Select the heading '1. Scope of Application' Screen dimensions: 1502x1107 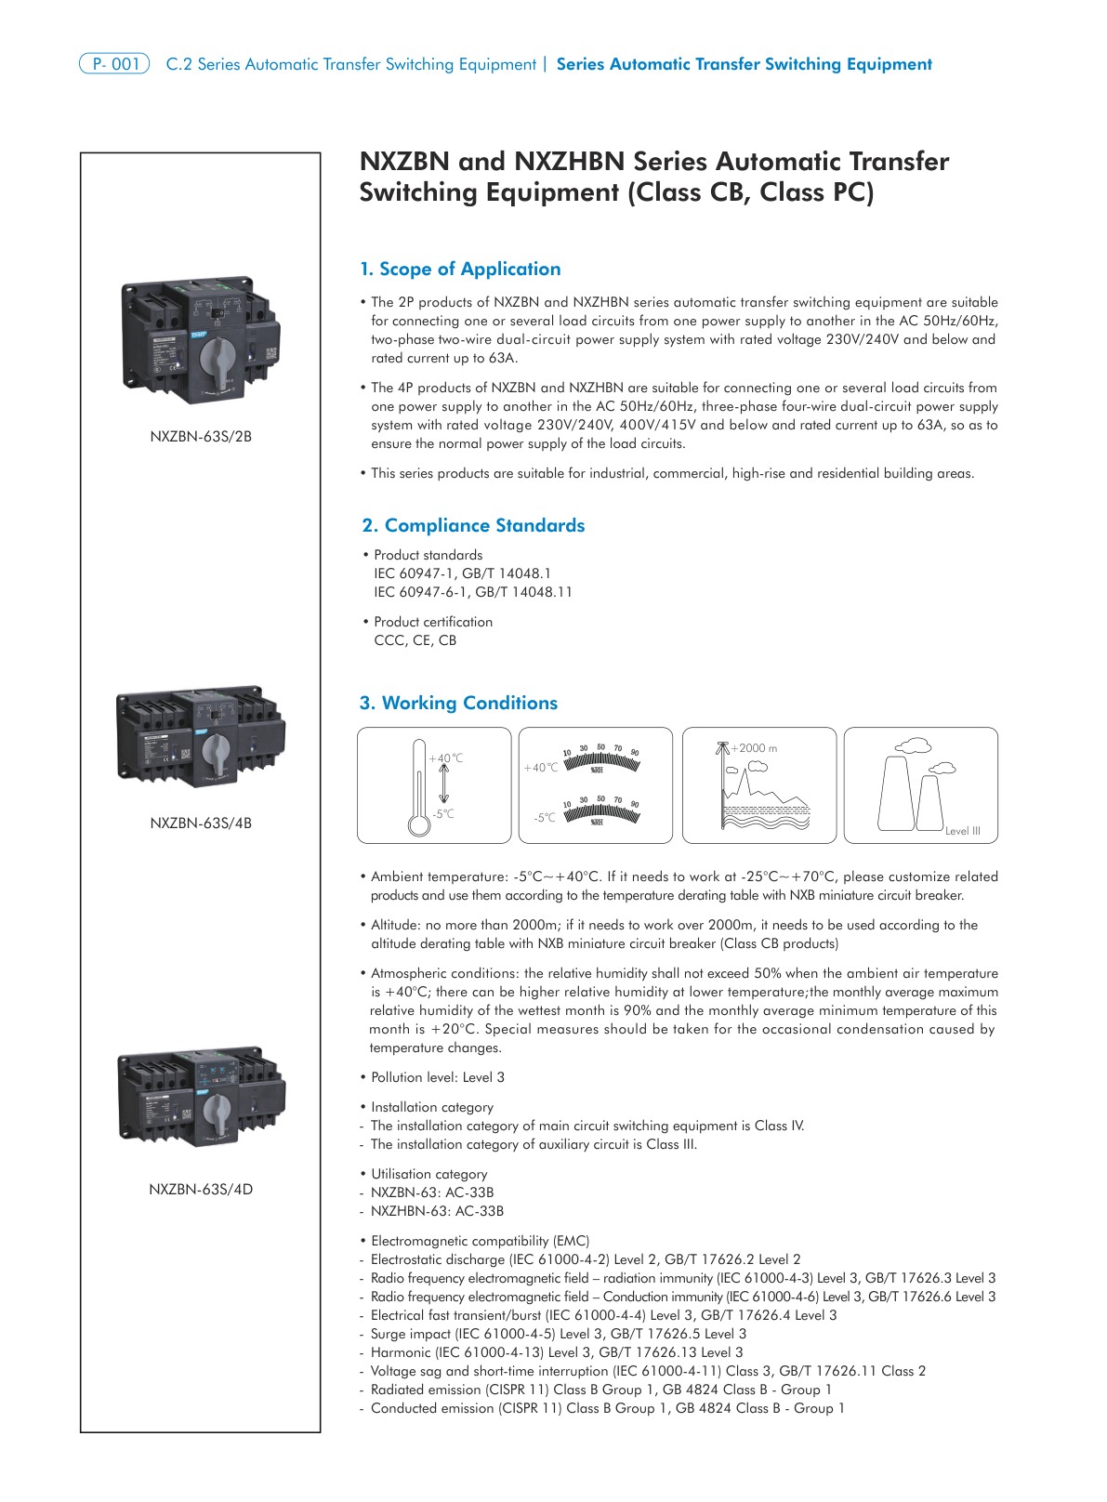click(x=460, y=270)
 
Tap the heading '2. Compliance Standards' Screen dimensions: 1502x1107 click(x=473, y=526)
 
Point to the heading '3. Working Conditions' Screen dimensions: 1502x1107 click(x=458, y=704)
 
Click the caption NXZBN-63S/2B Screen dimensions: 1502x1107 click(x=201, y=437)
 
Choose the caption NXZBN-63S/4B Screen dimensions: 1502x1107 click(x=201, y=823)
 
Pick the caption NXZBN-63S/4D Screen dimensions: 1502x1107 click(x=201, y=1190)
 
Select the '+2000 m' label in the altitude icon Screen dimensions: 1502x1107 click(x=754, y=748)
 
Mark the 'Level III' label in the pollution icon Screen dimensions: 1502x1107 click(x=962, y=831)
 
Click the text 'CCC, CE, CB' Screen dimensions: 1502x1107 click(x=415, y=640)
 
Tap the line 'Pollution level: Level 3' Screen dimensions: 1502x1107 click(x=438, y=1078)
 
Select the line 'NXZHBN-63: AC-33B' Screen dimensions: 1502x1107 click(x=437, y=1212)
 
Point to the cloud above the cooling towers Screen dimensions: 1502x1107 click(x=914, y=745)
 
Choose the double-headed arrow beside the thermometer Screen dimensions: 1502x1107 click(x=443, y=785)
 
